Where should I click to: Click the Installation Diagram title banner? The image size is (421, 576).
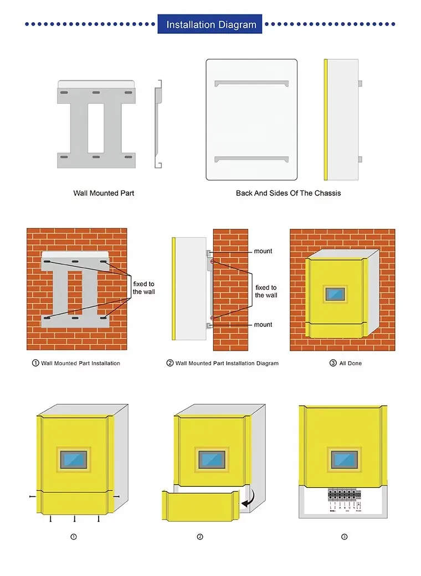coord(210,24)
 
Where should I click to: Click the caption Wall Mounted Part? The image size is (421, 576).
coord(104,193)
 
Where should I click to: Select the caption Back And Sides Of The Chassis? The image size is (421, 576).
coord(288,193)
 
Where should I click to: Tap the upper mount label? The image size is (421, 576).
coord(263,251)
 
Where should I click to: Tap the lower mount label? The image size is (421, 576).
coord(263,325)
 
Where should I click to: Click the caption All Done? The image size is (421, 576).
coord(350,363)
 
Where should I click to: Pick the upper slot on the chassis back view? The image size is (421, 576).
coord(252,84)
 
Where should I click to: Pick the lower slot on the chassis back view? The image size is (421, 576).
coord(252,159)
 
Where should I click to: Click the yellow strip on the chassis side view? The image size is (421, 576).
coord(326,119)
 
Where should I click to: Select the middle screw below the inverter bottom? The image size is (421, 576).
coord(74,519)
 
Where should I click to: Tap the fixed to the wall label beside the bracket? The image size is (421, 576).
coord(143,288)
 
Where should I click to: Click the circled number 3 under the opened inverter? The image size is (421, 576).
coord(344,537)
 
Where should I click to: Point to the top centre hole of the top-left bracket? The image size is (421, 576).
coord(96,92)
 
